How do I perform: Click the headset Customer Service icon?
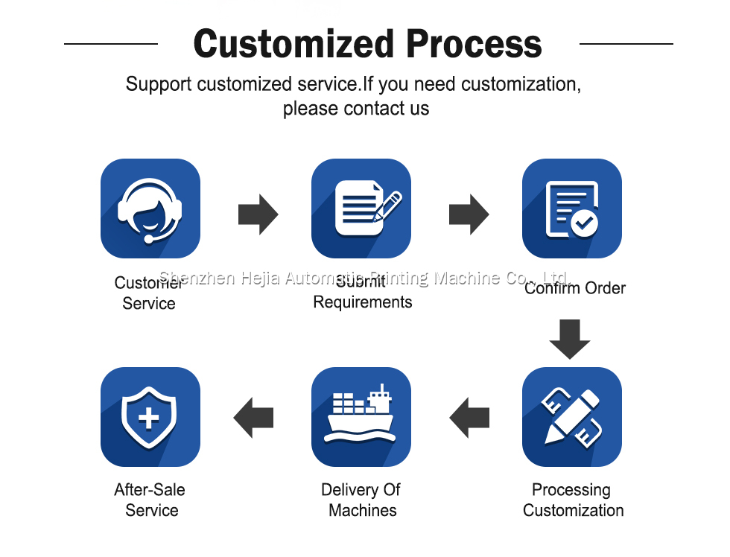(x=150, y=209)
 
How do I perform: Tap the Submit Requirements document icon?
(x=361, y=209)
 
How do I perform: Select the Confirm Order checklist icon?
(x=572, y=209)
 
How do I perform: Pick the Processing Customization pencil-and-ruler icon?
(x=572, y=417)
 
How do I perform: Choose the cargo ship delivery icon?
(x=361, y=417)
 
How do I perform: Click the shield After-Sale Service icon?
(x=150, y=417)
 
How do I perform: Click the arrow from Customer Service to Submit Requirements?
(x=258, y=214)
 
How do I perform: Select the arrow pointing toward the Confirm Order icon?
(x=469, y=214)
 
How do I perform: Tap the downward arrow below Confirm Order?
(x=570, y=339)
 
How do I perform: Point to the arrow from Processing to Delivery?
(x=469, y=418)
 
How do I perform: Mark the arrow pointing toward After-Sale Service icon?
(x=254, y=418)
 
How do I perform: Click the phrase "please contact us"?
(x=356, y=108)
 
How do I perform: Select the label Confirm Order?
(x=575, y=288)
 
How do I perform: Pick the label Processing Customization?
(x=573, y=500)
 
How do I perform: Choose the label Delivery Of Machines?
(x=361, y=500)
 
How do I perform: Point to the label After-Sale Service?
(x=150, y=500)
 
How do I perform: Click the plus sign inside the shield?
(x=149, y=417)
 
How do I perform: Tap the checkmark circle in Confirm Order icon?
(x=584, y=222)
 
